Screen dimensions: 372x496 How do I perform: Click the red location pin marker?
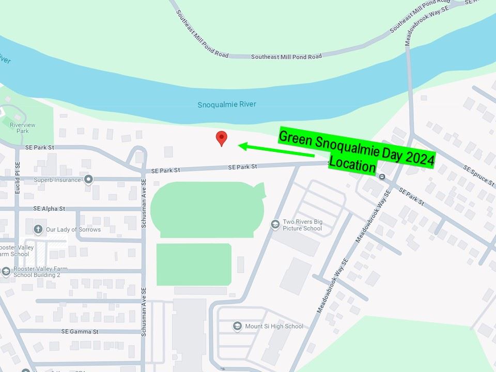click(x=222, y=137)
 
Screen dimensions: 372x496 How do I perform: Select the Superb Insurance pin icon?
click(x=88, y=180)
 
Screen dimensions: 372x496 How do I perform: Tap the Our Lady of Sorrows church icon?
click(x=38, y=229)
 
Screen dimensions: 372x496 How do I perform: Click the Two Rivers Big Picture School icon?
click(x=275, y=224)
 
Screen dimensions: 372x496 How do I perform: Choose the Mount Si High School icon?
click(x=237, y=326)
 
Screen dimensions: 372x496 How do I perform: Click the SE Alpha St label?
click(x=49, y=209)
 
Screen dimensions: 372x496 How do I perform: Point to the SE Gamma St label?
click(x=80, y=331)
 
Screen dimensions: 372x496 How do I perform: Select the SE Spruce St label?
click(x=479, y=176)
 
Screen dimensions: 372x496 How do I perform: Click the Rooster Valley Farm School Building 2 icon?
click(x=6, y=272)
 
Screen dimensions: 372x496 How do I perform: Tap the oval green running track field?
click(x=207, y=209)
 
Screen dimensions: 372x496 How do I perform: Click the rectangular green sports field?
click(x=193, y=264)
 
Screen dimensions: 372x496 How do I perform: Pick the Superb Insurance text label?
click(x=57, y=180)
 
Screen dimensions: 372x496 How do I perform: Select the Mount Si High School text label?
click(x=274, y=326)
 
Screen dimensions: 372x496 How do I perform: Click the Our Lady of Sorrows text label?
click(x=73, y=229)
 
